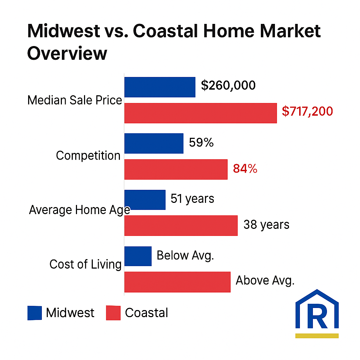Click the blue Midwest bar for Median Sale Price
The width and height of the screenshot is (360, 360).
point(160,87)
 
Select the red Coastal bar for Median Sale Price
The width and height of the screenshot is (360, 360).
point(201,113)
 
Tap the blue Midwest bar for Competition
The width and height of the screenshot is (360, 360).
point(154,143)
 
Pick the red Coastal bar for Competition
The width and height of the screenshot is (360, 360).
point(176,169)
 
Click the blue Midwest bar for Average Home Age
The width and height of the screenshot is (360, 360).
point(145,200)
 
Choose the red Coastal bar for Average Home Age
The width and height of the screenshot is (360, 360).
point(181,226)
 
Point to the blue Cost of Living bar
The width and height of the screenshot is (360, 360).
point(138,256)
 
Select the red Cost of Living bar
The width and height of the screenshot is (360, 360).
point(178,282)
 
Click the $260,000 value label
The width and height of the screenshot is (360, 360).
point(228,85)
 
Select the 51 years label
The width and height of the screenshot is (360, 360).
point(192,199)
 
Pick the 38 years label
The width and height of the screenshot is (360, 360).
point(266,225)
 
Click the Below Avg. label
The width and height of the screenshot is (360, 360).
point(185,255)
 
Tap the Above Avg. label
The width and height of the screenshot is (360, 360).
point(265,281)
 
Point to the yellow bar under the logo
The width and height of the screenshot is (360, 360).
point(317,335)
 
